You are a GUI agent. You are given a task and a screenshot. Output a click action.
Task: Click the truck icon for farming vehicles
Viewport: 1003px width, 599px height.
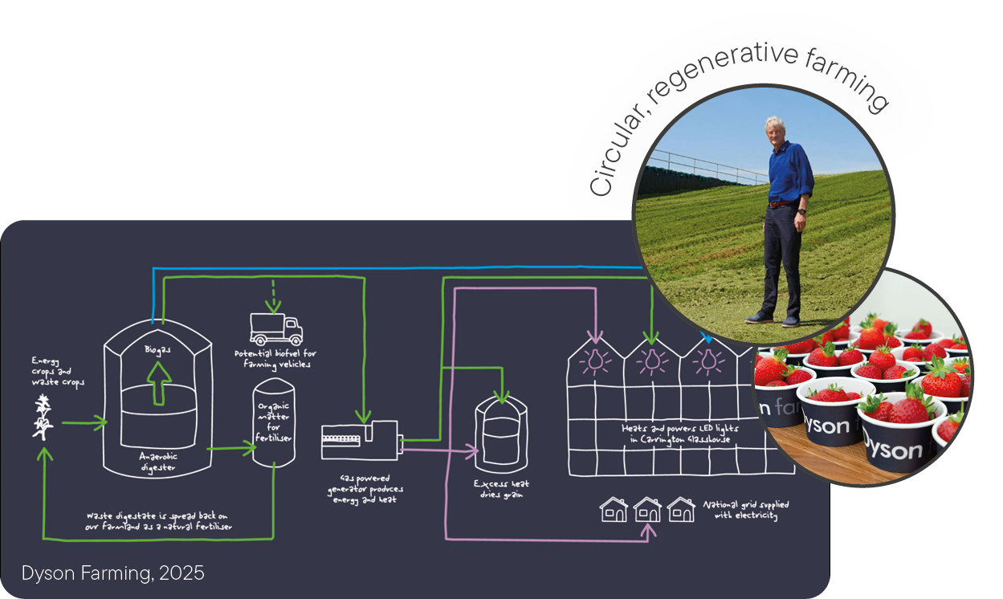(276, 328)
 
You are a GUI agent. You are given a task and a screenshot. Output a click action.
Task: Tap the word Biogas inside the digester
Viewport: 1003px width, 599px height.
(158, 350)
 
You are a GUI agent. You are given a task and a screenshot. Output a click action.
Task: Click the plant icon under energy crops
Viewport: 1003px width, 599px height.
(40, 418)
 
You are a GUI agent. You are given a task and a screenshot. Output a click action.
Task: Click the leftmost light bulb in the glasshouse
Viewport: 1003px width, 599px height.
(595, 361)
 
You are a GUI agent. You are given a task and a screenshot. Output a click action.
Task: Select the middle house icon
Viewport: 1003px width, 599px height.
(647, 508)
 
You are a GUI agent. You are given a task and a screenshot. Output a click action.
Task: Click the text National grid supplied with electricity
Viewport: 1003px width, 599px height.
(745, 510)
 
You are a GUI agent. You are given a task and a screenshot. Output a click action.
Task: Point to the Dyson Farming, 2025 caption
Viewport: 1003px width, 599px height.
(113, 573)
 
